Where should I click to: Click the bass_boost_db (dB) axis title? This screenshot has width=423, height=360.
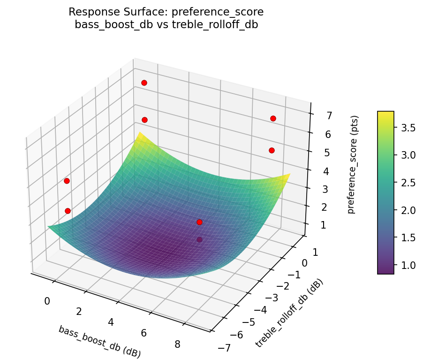click(x=99, y=341)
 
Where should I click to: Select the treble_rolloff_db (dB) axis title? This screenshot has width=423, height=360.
click(x=289, y=313)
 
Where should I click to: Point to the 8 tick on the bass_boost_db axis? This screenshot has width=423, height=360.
click(x=178, y=344)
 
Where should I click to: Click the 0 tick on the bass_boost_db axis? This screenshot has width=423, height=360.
click(x=47, y=301)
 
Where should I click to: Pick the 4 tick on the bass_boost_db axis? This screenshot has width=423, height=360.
click(x=111, y=322)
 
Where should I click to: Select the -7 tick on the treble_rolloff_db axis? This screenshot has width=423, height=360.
click(x=224, y=347)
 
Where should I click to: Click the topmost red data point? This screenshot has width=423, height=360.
click(x=144, y=83)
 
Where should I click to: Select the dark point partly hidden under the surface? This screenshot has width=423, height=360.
click(x=200, y=239)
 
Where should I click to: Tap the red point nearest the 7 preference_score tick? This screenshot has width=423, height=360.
click(x=273, y=118)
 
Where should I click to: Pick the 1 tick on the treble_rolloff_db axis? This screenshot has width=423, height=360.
click(x=315, y=252)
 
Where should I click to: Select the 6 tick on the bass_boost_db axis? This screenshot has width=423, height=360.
click(x=144, y=333)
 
